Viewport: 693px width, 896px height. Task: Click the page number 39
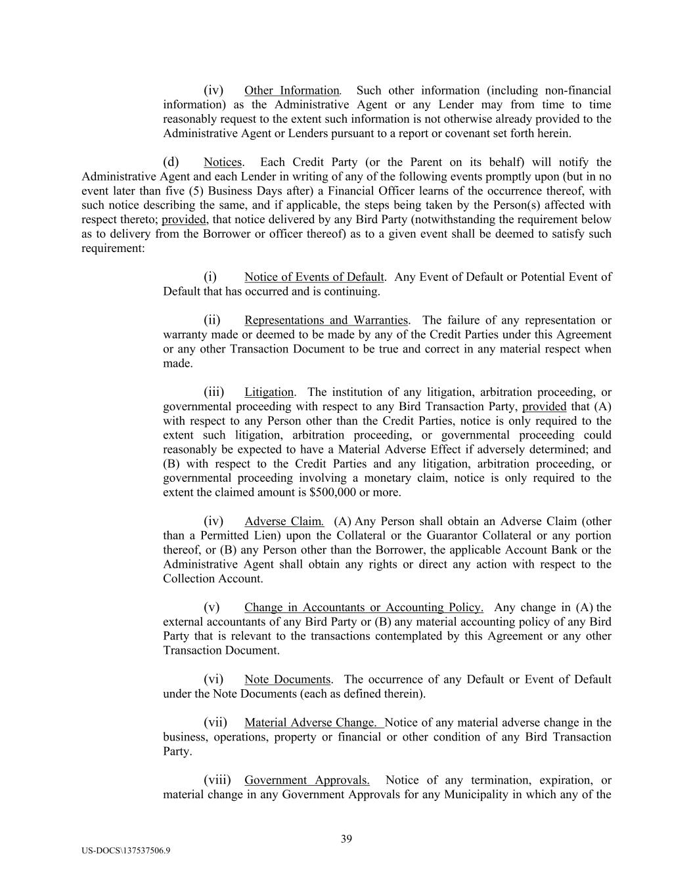pyautogui.click(x=347, y=838)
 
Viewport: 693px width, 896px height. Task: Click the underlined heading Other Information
pyautogui.click(x=292, y=91)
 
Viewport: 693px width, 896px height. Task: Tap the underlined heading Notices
pyautogui.click(x=223, y=162)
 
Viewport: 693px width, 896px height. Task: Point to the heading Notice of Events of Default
pyautogui.click(x=314, y=277)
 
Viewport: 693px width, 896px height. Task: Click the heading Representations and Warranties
pyautogui.click(x=326, y=320)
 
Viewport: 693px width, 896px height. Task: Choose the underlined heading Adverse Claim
pyautogui.click(x=284, y=522)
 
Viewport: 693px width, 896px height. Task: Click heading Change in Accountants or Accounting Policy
pyautogui.click(x=363, y=608)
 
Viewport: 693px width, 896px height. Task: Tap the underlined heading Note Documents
pyautogui.click(x=287, y=679)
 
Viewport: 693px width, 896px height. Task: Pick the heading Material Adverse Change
pyautogui.click(x=313, y=723)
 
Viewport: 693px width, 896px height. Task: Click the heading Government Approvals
pyautogui.click(x=306, y=780)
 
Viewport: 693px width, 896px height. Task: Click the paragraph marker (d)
pyautogui.click(x=171, y=162)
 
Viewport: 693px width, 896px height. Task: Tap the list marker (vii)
pyautogui.click(x=215, y=723)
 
